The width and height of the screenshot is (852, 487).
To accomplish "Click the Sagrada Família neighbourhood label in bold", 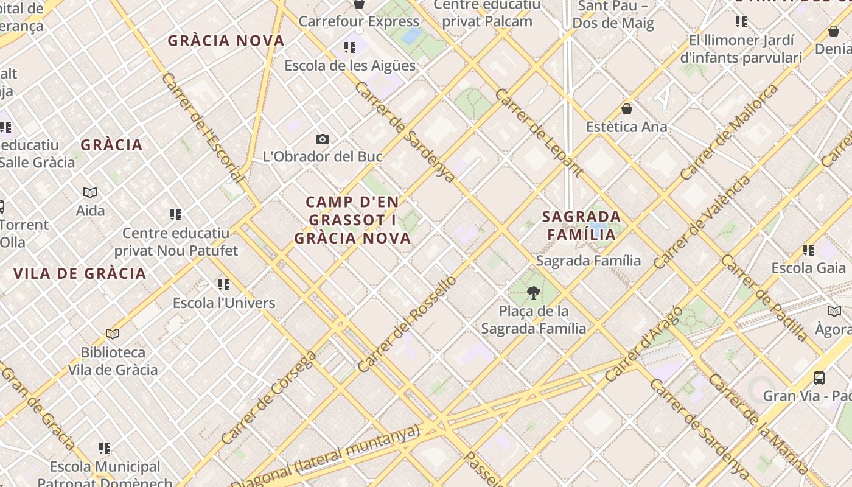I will click(x=581, y=225).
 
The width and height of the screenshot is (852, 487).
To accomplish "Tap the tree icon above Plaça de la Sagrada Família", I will click(x=534, y=293).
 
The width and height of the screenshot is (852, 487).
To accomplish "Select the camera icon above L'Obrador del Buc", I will click(x=323, y=139).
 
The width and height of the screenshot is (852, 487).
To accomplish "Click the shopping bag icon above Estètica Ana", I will click(x=627, y=110).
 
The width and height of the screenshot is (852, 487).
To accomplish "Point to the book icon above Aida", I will click(x=90, y=193).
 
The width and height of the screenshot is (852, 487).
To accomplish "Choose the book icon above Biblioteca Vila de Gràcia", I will click(x=113, y=334).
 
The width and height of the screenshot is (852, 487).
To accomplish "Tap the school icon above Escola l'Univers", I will click(x=224, y=284).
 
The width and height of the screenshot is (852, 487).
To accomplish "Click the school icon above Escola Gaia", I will click(x=809, y=250).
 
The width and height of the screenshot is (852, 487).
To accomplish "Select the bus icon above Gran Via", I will click(x=819, y=377).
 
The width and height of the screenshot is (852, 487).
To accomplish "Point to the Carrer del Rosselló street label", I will click(x=407, y=324).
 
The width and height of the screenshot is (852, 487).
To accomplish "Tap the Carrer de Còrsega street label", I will click(x=268, y=398).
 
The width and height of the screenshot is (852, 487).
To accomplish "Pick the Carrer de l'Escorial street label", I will click(x=204, y=128).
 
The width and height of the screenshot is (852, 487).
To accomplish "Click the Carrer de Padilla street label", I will click(x=765, y=298).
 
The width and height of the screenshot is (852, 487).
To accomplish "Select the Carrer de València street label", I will click(x=703, y=223).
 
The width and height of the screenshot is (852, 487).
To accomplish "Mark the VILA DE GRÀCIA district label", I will click(x=80, y=273).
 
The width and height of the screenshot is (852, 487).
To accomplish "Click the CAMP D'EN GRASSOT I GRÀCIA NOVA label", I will click(x=352, y=220).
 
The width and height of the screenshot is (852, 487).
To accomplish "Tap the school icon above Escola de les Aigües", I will click(x=349, y=47).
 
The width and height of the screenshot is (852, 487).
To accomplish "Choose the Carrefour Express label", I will click(x=359, y=21).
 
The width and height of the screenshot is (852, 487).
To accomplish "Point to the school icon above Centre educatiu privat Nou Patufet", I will click(x=176, y=214).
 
